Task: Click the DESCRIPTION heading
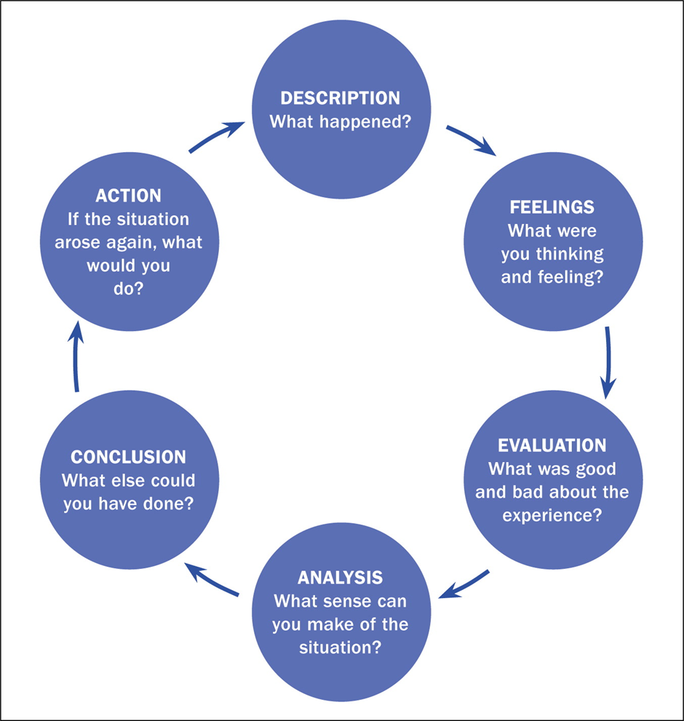click(x=341, y=98)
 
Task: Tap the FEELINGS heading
click(x=552, y=207)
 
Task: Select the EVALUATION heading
click(x=552, y=445)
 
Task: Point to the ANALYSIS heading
click(x=340, y=578)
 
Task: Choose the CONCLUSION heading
click(x=128, y=457)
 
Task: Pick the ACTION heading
click(x=128, y=196)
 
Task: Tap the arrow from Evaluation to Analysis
click(x=466, y=583)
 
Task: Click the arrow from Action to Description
click(x=215, y=136)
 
